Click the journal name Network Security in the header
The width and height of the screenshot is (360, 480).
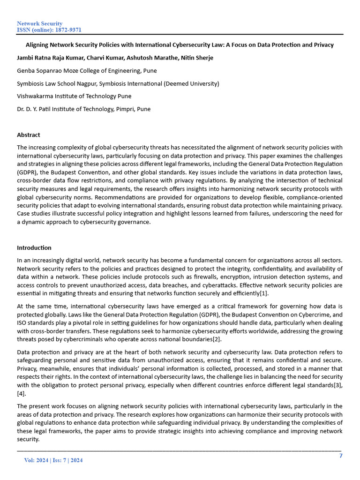click(x=39, y=23)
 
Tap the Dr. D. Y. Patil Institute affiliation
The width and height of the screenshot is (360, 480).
click(x=83, y=109)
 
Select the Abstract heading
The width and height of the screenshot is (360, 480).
click(x=29, y=135)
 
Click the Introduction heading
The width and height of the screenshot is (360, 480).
click(x=34, y=247)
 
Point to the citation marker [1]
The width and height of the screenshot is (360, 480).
click(x=264, y=293)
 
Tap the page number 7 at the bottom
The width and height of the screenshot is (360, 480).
click(x=341, y=456)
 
